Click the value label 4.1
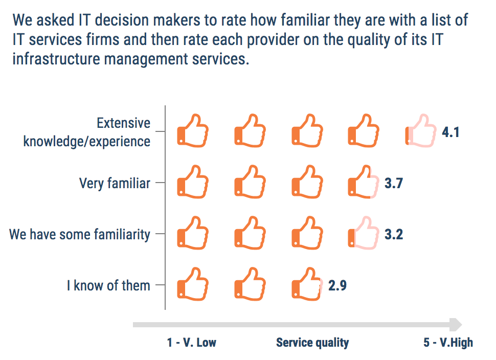pos(450,132)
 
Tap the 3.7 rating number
pos(394,183)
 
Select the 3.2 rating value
pos(394,234)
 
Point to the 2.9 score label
pos(337,285)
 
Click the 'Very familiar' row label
pos(115,183)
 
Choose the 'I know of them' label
pos(108,285)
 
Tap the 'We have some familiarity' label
pos(80,234)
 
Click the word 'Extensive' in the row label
pos(123,123)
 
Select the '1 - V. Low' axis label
pos(191,342)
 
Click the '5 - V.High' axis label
pos(448,342)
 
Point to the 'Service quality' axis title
pos(312,343)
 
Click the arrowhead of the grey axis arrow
pos(456,325)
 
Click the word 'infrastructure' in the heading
pos(56,59)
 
